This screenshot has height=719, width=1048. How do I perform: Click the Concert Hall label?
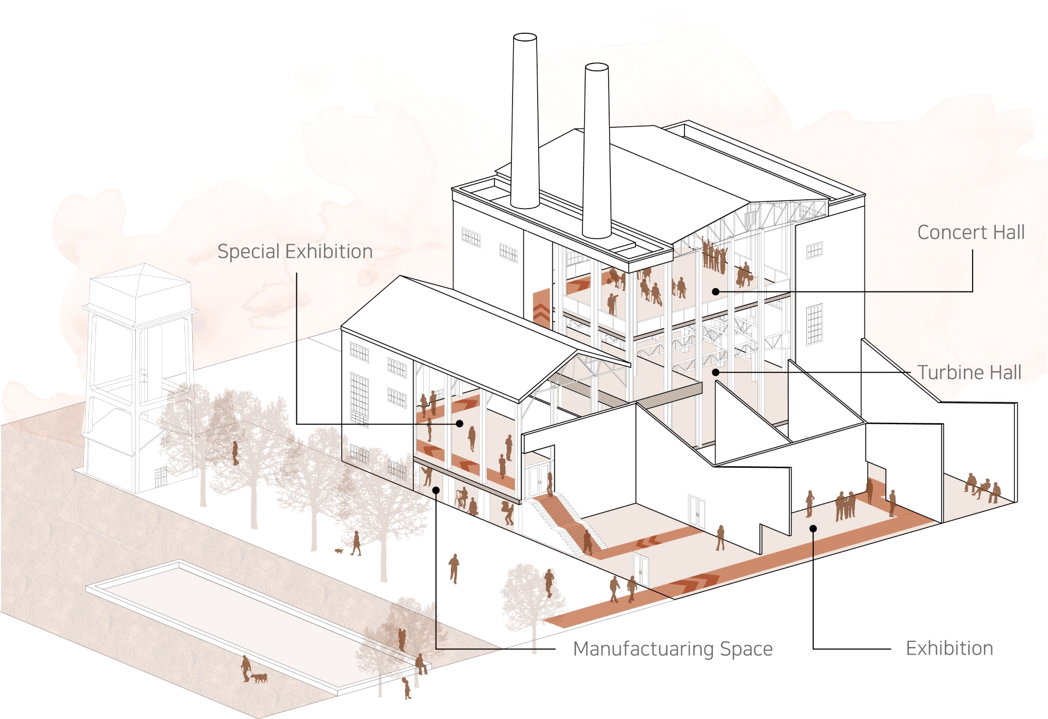(970, 233)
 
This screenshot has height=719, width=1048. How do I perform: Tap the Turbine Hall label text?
(969, 373)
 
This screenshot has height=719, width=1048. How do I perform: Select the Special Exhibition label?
(295, 252)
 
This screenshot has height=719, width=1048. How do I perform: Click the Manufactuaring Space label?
(672, 649)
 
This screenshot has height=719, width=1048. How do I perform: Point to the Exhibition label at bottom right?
(949, 649)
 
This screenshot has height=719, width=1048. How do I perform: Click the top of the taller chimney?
(525, 37)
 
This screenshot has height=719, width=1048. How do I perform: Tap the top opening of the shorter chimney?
(597, 67)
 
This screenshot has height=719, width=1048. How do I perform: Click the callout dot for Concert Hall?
(716, 292)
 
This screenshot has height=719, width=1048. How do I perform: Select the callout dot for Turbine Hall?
(716, 372)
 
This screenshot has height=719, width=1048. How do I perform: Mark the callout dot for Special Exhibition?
(460, 424)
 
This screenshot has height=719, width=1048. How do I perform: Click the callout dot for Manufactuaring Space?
(436, 490)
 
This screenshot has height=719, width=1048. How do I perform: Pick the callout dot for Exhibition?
(813, 528)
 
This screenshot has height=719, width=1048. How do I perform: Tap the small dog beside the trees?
(339, 551)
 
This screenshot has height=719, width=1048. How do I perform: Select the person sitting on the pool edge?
(421, 664)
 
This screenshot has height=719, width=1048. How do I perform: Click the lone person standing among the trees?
(235, 453)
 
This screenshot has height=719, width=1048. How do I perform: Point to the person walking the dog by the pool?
(246, 668)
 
